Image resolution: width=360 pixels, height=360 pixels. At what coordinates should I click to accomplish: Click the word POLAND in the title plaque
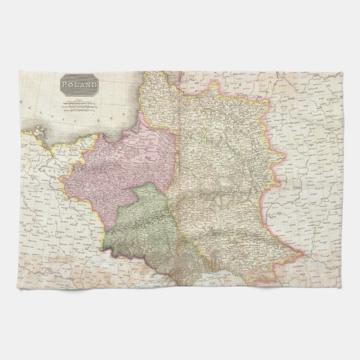click(80, 85)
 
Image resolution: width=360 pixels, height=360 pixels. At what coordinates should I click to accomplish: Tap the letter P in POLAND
click(65, 85)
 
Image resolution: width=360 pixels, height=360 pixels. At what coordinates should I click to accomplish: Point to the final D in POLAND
click(96, 85)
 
